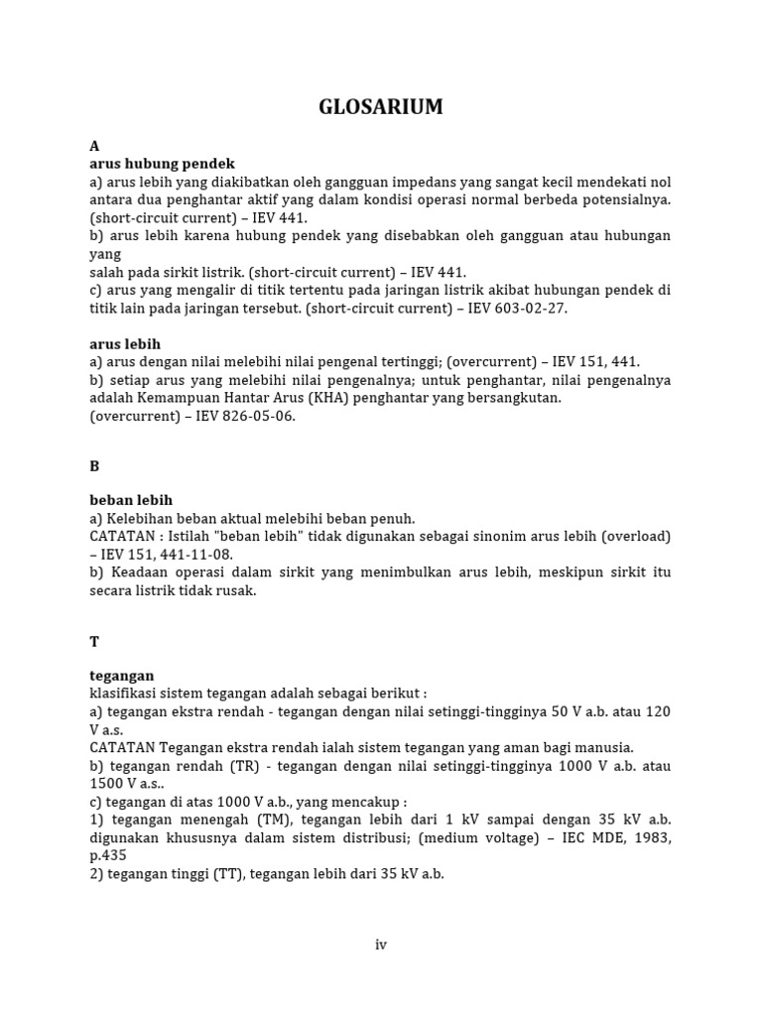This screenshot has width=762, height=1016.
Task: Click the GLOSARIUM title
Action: point(381,107)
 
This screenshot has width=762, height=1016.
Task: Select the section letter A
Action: point(94,146)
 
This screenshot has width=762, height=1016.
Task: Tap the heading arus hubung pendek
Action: point(162,164)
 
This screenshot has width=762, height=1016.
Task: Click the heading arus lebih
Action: point(125,344)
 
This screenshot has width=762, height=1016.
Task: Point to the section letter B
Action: point(94,464)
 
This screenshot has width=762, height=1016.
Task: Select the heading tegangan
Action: point(122,676)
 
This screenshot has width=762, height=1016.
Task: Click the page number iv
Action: point(381,945)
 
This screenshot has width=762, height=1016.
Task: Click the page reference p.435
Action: point(109,856)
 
